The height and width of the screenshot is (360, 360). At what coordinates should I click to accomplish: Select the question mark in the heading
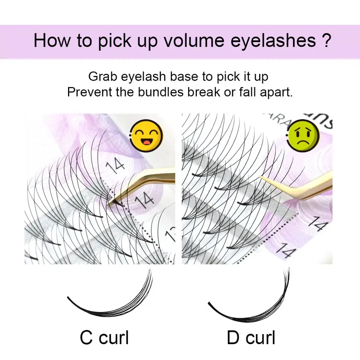pos(327,41)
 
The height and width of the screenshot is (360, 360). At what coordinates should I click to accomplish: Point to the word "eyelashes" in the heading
pos(273,41)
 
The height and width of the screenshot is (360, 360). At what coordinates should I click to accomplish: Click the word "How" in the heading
pos(52,41)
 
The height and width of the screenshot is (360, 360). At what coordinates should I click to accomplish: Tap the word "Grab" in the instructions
pos(103,77)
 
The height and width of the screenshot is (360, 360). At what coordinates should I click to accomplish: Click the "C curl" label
pos(104,338)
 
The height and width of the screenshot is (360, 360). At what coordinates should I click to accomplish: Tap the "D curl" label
pos(251,338)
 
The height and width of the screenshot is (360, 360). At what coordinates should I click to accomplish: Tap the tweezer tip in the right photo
pos(261,176)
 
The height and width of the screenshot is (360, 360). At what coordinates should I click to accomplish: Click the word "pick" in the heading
pos(115,41)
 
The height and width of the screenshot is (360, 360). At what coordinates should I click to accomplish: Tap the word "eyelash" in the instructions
pos(143,77)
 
